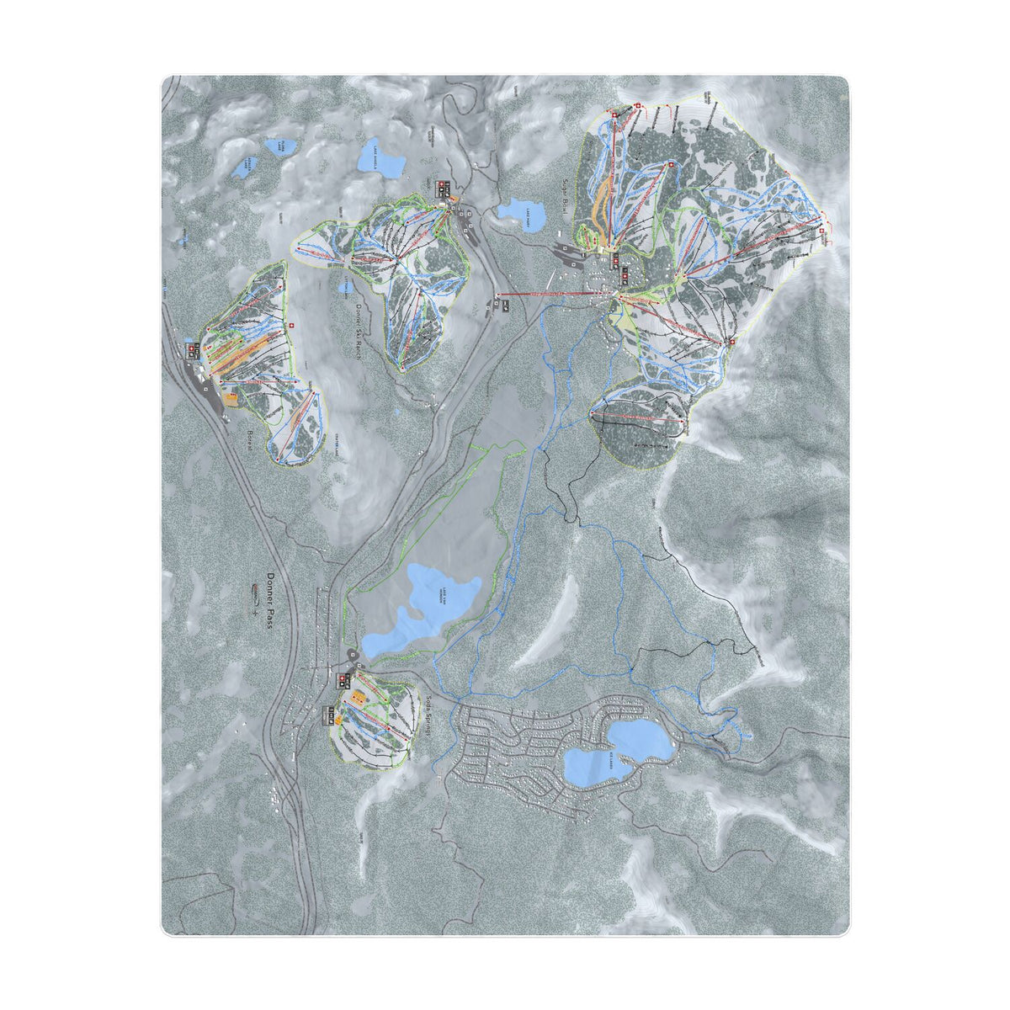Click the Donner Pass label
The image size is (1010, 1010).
coord(271,605)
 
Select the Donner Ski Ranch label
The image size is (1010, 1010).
coord(359,332)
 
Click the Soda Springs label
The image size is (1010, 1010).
coord(429,716)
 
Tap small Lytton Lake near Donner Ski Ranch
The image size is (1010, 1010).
coord(343,287)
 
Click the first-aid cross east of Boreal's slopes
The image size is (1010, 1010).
coord(291,326)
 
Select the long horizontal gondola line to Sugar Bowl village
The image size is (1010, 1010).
coord(555,295)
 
